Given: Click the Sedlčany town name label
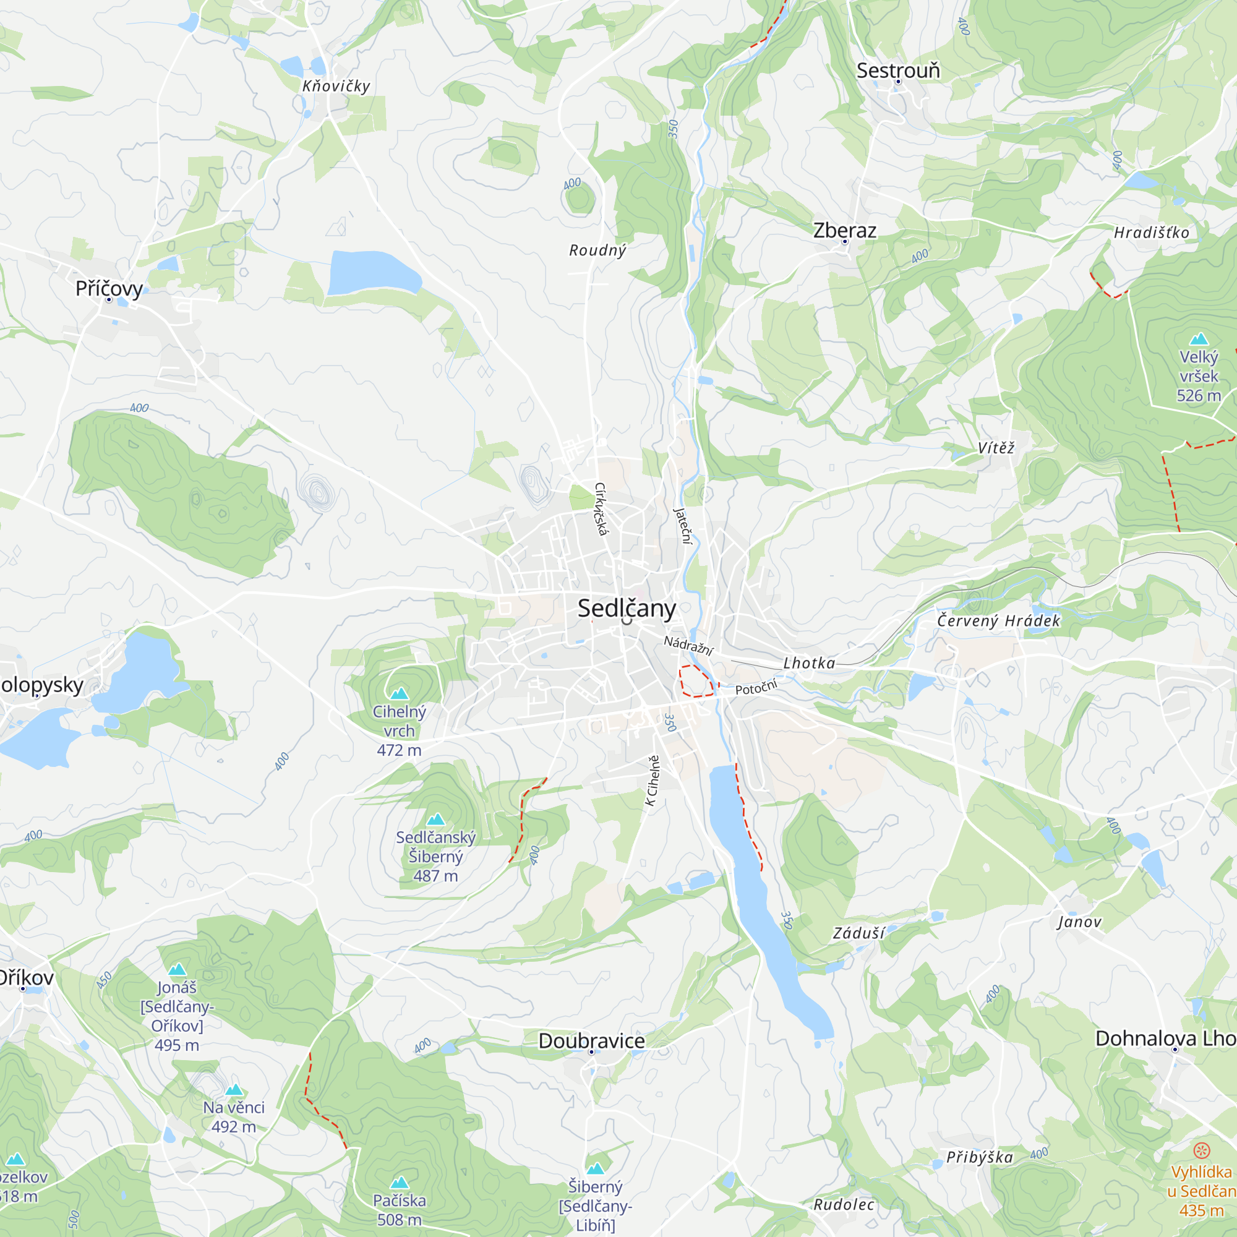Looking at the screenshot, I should [x=626, y=608].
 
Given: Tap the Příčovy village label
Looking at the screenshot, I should [x=109, y=288].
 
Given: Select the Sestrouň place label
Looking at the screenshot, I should [x=898, y=71].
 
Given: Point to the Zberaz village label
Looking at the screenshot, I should [x=844, y=231].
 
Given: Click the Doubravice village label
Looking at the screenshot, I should [x=592, y=1040].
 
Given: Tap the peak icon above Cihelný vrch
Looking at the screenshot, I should [x=400, y=693].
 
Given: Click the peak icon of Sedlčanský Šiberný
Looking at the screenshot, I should [x=435, y=820].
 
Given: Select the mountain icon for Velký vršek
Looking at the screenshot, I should [x=1199, y=340].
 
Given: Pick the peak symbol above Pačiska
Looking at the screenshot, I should [x=400, y=1183].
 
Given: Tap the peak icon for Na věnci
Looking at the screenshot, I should [x=234, y=1090].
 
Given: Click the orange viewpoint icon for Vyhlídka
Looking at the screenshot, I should [x=1202, y=1150].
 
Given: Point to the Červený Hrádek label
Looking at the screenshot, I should [x=999, y=621].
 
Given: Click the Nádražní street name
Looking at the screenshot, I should [x=688, y=644].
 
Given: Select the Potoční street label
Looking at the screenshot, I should [x=756, y=688].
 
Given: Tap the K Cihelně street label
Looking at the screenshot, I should [x=653, y=781].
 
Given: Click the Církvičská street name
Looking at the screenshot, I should [x=601, y=509].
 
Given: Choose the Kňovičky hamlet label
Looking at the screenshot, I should [x=336, y=87].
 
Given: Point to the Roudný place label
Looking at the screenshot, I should [x=597, y=250].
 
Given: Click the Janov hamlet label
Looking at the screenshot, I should [x=1079, y=922].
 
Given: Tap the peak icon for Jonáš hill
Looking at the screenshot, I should [x=178, y=969].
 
